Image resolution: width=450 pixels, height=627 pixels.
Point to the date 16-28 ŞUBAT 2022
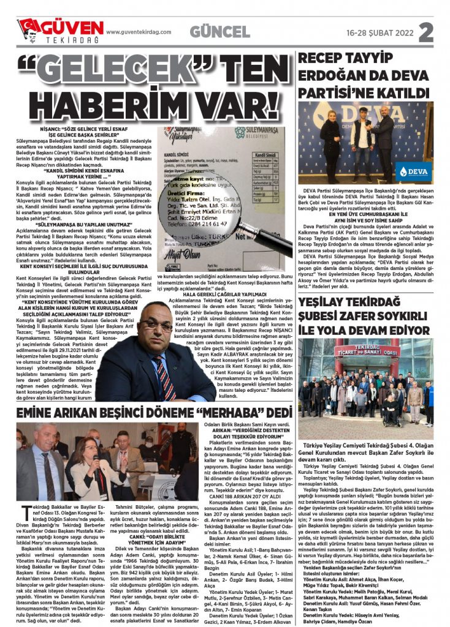click(379, 32)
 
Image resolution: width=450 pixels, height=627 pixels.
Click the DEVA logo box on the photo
click(414, 171)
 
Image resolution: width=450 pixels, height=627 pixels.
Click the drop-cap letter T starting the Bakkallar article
click(24, 509)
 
